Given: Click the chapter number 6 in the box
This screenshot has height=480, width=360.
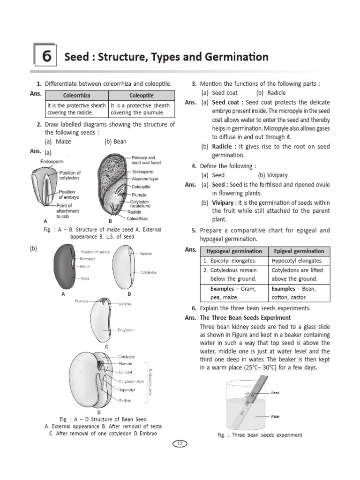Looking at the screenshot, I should coord(46,56).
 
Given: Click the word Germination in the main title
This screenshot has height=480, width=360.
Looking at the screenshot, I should coord(237,57).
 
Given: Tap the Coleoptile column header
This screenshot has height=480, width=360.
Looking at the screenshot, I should coord(141,96).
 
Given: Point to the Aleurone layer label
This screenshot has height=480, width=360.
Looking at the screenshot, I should coord(145,179).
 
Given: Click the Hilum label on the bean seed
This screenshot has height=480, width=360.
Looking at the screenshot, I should coord(84,266).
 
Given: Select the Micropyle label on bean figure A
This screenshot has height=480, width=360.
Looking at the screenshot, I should coord(88,259).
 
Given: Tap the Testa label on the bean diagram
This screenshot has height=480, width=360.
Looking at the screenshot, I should coord(84,278).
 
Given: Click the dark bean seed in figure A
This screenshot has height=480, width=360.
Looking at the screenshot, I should coord(64,265).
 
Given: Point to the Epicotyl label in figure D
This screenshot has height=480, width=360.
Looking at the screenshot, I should coord(125,372).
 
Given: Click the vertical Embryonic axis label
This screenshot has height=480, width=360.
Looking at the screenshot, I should coord(150,379).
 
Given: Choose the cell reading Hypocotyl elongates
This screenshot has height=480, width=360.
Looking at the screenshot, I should coord(297,261).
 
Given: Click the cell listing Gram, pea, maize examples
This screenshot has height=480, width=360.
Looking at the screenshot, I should coord(231,293).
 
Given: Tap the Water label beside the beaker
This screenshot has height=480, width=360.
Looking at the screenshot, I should coord(276,416).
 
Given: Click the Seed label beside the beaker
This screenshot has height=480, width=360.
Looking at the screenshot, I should coord(275,393).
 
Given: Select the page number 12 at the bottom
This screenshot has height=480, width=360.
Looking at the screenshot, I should coord(180,443).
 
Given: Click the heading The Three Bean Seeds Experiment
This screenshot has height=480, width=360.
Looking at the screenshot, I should coord(245,318).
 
